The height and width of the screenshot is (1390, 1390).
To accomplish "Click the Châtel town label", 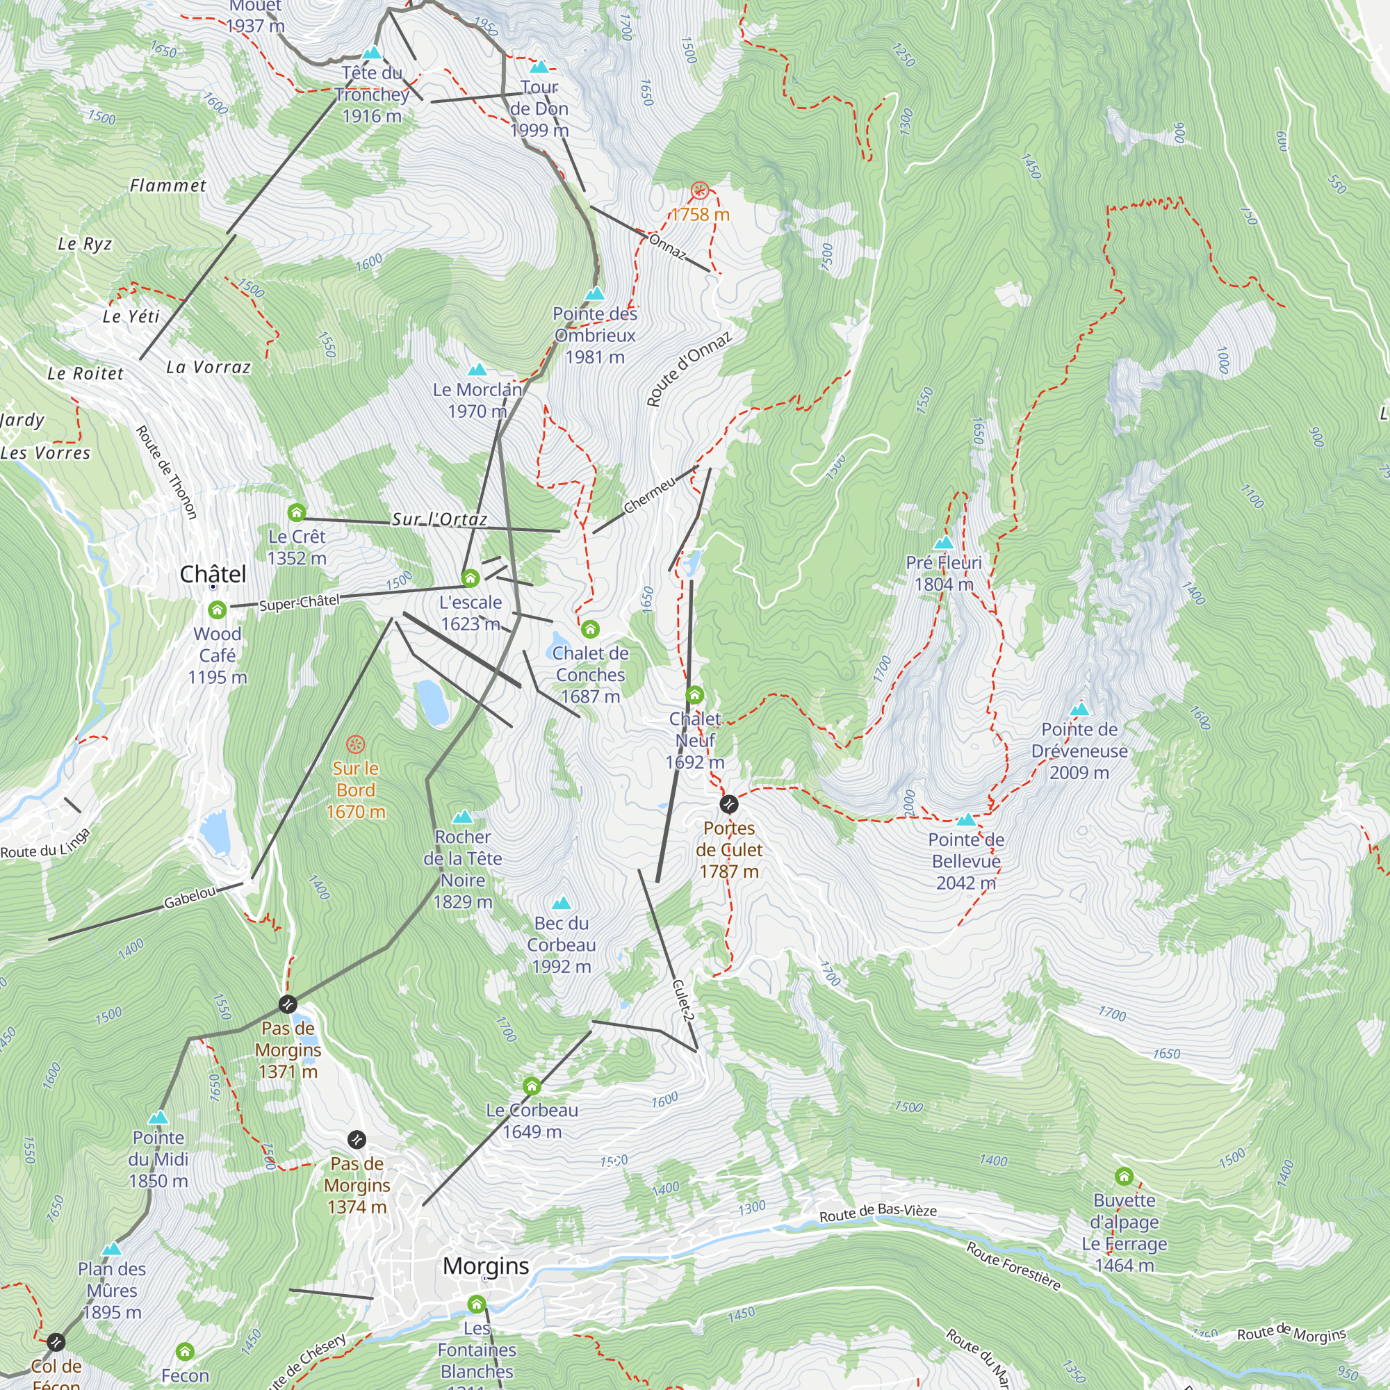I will (x=213, y=574).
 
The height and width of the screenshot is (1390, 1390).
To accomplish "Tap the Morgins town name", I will (x=486, y=1266).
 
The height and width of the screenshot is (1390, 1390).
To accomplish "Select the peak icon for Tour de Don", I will (x=539, y=67).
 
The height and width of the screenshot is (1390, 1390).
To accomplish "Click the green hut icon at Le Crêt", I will (x=297, y=512).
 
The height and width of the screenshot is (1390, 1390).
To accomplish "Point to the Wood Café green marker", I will (x=218, y=610).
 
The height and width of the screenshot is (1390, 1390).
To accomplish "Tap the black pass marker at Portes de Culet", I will (x=729, y=803).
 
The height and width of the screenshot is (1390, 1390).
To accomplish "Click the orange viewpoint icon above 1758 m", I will (x=699, y=190).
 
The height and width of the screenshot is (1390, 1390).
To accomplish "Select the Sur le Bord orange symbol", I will (x=355, y=744).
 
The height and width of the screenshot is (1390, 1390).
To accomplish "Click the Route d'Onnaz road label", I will (x=689, y=368).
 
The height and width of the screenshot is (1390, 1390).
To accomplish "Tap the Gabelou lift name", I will (x=189, y=897).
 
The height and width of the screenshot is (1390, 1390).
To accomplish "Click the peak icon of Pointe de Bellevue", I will (x=965, y=819).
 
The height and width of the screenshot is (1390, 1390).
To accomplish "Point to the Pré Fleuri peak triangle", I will (x=943, y=543).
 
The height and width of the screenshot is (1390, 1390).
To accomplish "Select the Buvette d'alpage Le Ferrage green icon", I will (x=1124, y=1177).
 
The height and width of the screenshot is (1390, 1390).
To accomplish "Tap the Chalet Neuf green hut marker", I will (x=694, y=695).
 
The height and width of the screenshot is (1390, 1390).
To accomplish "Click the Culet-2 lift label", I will (x=682, y=999).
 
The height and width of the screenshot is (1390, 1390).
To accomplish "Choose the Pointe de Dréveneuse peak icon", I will (x=1079, y=710).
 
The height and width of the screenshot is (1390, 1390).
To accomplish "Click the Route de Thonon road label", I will (x=166, y=472).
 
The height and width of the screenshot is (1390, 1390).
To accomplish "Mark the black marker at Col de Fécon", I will (x=56, y=1342).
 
